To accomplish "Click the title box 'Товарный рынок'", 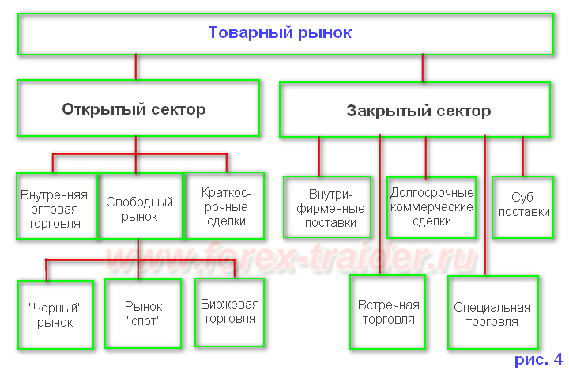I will [284, 34].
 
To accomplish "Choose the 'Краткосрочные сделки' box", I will [224, 206].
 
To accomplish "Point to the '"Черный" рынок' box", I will [55, 314].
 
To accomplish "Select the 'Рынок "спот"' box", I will [143, 314].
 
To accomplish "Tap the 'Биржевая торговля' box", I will [230, 312].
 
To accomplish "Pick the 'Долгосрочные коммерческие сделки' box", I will [431, 207].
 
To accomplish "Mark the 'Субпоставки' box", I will [521, 206].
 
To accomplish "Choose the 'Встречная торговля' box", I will [388, 312].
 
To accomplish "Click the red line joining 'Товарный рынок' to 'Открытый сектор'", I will [136, 66].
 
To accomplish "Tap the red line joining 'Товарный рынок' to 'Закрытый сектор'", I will [422, 68].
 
